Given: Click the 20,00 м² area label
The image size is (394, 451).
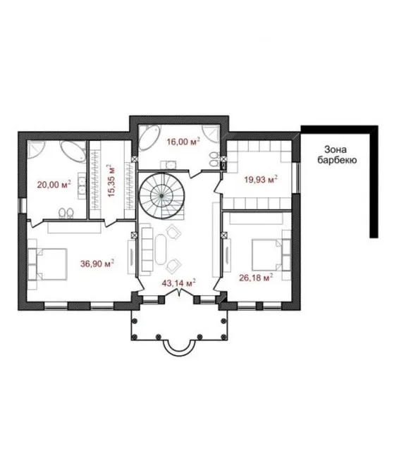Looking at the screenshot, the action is (x=54, y=184).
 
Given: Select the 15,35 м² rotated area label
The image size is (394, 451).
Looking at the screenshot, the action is (x=111, y=180).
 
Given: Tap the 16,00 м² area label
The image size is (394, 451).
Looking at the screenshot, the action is (x=183, y=141).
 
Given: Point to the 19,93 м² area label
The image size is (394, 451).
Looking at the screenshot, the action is (x=261, y=179).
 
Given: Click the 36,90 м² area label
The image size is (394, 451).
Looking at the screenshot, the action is (x=97, y=263).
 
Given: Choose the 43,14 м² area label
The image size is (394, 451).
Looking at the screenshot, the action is (x=178, y=283).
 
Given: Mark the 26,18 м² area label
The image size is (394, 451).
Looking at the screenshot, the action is (x=256, y=278).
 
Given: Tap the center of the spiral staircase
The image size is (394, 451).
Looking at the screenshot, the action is (x=161, y=196).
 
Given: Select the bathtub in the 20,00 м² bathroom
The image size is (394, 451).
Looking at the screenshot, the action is (x=73, y=151).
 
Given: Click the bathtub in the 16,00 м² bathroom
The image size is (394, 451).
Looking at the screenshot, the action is (x=149, y=137).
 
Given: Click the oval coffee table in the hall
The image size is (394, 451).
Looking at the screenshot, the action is (x=161, y=249).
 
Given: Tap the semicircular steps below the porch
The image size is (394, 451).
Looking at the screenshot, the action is (x=179, y=349).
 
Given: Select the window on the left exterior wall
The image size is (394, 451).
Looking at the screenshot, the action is (x=22, y=205).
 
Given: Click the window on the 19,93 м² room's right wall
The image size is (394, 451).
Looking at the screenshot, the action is (x=296, y=178).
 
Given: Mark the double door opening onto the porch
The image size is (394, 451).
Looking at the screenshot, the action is (x=179, y=293).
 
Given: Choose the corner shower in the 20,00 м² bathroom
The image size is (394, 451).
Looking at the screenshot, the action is (x=36, y=149).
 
